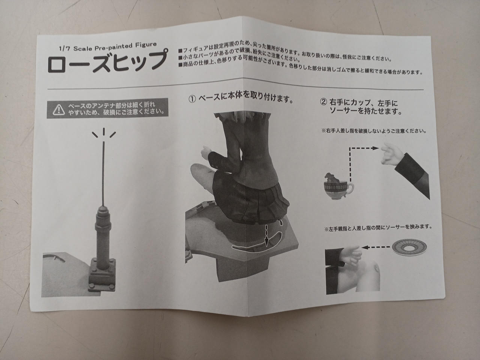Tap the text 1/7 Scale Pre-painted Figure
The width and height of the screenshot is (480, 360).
coord(108,46)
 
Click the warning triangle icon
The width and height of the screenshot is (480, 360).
coord(58,110)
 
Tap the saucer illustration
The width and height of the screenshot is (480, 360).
coord(409,247)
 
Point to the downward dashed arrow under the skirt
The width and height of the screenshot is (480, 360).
coord(266,235)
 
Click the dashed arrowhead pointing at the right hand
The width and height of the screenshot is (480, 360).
coord(376,148)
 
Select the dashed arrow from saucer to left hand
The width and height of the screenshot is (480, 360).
coord(376,247)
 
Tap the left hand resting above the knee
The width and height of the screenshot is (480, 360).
coord(350,256)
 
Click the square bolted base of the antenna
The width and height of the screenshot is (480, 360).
coord(102,275)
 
